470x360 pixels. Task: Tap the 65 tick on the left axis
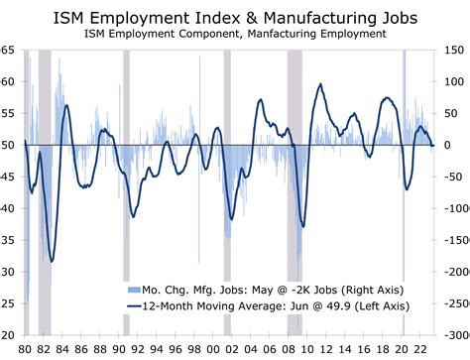point(8,50)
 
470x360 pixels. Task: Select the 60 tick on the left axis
point(8,81)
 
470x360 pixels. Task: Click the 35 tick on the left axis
point(8,240)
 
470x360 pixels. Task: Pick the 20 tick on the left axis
point(8,335)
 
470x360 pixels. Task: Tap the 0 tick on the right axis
point(449,145)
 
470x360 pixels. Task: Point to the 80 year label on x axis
point(26,350)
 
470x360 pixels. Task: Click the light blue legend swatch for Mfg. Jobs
point(134,289)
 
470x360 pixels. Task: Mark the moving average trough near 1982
point(51,261)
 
